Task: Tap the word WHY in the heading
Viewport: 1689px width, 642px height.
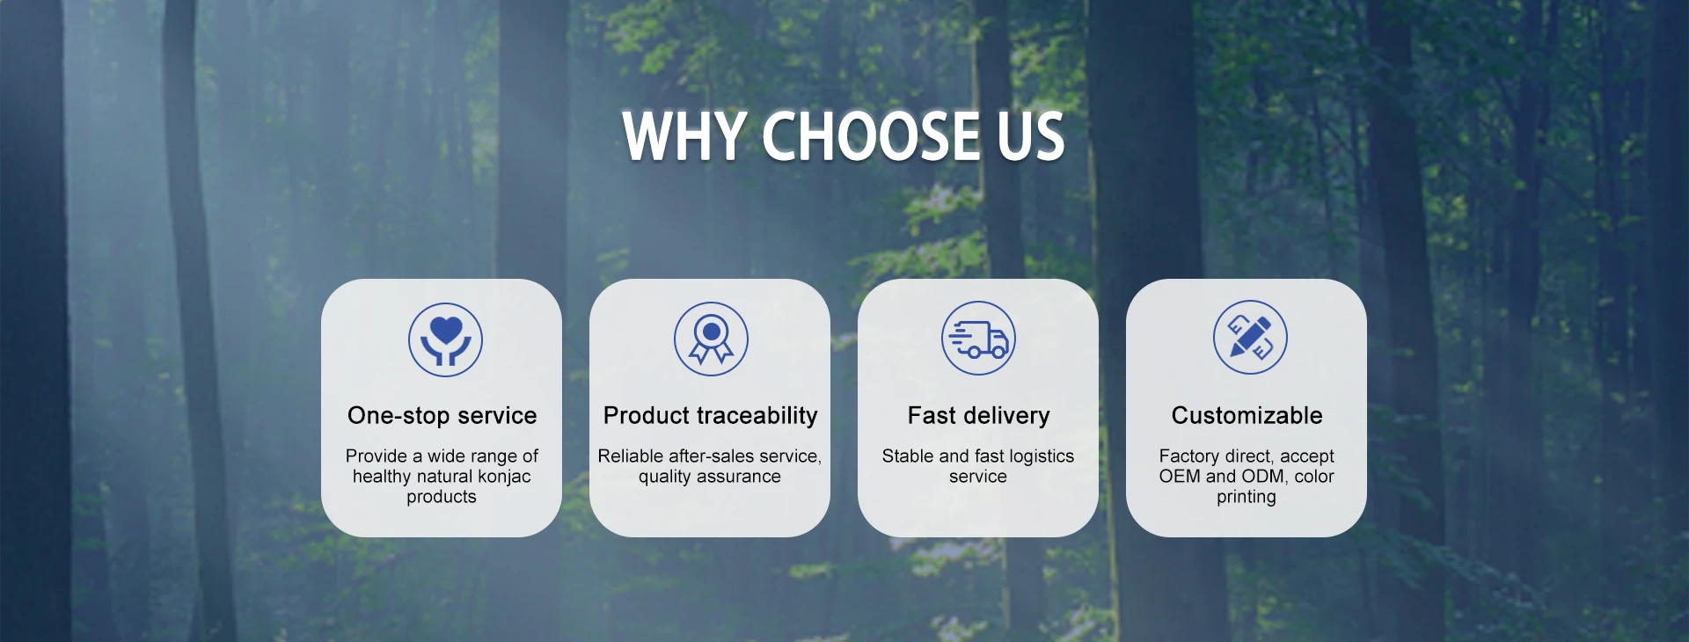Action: pos(684,136)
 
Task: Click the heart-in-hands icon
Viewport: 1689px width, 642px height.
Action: pos(446,339)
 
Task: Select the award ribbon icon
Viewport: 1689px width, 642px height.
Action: pos(711,339)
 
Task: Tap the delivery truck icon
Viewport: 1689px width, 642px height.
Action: pos(978,338)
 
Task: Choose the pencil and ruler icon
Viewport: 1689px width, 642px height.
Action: pos(1250,337)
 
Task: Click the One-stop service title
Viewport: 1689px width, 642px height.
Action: pos(442,415)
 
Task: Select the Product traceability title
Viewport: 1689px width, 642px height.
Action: pos(711,415)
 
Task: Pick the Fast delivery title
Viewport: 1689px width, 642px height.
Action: pos(978,415)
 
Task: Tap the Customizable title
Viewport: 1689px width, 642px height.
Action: pos(1247,415)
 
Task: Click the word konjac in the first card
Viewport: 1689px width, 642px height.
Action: pos(504,477)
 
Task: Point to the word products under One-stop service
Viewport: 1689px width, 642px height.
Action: pos(442,497)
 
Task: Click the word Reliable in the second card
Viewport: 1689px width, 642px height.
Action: pos(631,456)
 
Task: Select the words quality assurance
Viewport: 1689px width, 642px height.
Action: pos(710,477)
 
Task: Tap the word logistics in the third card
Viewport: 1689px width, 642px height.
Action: pos(1042,456)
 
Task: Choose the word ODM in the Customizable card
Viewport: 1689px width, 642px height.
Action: pos(1264,477)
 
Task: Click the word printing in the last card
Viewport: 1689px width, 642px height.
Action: pos(1247,497)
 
